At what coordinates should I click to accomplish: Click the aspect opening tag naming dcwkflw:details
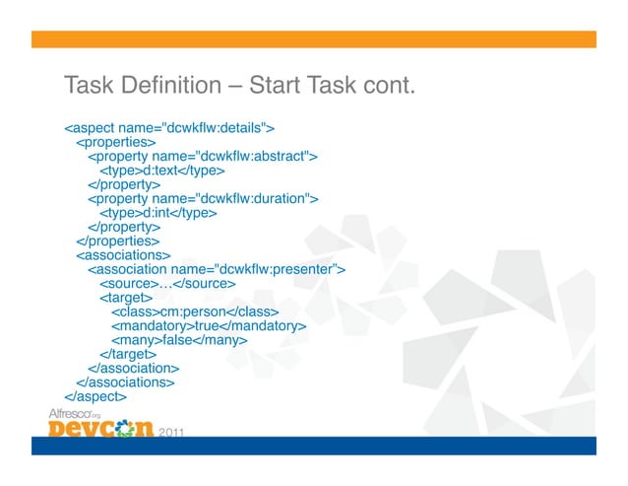tap(168, 127)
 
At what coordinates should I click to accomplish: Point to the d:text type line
tap(156, 170)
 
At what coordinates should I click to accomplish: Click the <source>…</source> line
tap(167, 284)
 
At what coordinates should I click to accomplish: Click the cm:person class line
tap(192, 312)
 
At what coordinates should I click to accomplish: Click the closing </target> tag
tap(128, 354)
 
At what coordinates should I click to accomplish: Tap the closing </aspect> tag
tap(95, 396)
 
